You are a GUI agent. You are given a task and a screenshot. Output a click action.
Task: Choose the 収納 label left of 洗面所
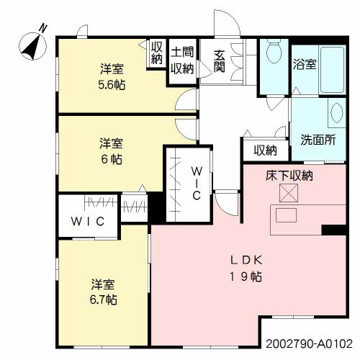[x=264, y=150]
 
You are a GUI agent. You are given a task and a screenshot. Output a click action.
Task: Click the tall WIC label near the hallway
[x=197, y=184]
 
